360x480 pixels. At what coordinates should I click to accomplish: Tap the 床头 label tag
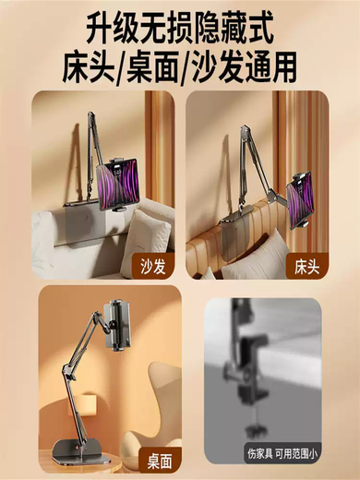pos(307,266)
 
